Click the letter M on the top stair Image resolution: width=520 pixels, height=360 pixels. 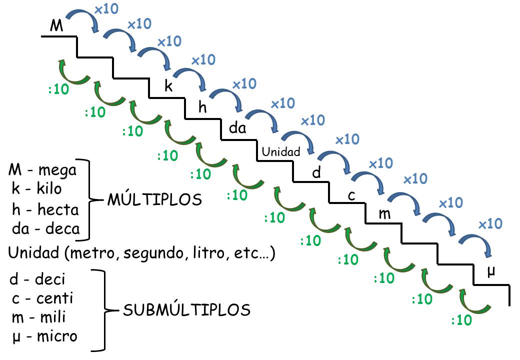[x=57, y=26]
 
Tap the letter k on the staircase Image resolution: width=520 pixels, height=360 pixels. [x=169, y=86]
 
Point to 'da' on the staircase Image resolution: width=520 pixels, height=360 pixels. [x=237, y=128]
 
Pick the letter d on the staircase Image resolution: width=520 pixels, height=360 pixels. [x=316, y=173]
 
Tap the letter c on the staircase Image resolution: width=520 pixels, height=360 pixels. [x=351, y=195]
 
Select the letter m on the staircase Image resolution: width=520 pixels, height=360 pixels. [x=384, y=214]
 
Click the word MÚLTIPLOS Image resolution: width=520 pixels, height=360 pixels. [x=154, y=200]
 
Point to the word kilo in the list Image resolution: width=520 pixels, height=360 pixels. [x=58, y=190]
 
